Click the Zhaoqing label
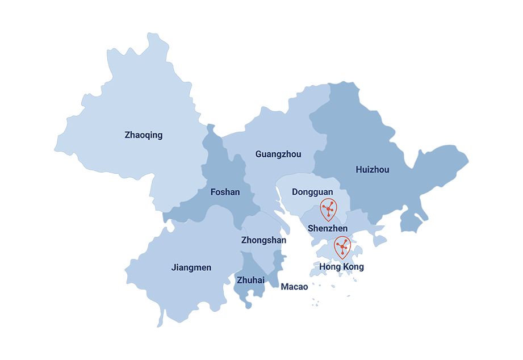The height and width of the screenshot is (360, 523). click(x=143, y=135)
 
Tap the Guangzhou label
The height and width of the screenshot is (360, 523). click(x=278, y=154)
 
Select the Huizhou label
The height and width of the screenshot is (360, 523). click(x=373, y=170)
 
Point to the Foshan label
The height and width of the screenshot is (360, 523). click(x=225, y=192)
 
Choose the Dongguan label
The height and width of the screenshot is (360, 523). click(x=312, y=192)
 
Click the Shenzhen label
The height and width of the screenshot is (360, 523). click(x=328, y=228)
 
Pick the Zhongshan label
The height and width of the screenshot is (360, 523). click(x=263, y=240)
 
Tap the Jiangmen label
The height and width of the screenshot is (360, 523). click(x=191, y=267)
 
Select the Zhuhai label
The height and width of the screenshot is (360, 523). click(x=250, y=279)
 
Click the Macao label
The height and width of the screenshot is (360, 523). click(x=294, y=287)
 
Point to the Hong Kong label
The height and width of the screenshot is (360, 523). click(x=342, y=266)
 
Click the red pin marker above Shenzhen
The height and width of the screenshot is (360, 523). click(x=328, y=210)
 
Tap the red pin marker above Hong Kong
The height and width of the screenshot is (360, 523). click(x=342, y=247)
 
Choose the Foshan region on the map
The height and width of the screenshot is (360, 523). click(x=221, y=170)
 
